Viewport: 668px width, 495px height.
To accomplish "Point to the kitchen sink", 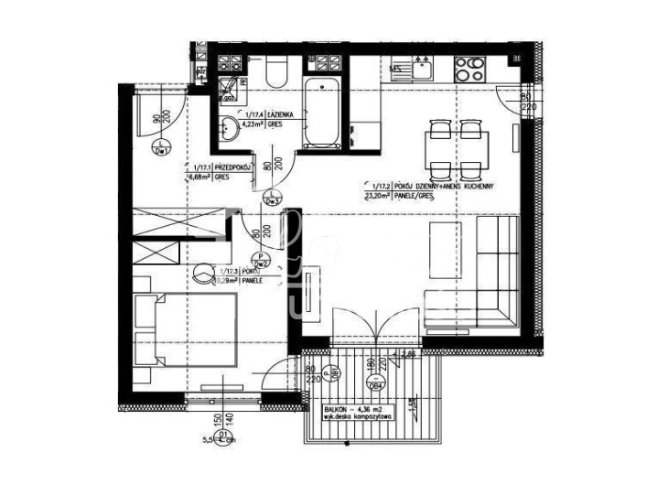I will [x=422, y=66].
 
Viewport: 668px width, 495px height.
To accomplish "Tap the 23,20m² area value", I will [x=377, y=194].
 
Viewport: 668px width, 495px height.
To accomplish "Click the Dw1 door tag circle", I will [x=161, y=153].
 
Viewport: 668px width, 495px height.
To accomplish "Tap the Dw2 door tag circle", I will [x=261, y=262].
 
